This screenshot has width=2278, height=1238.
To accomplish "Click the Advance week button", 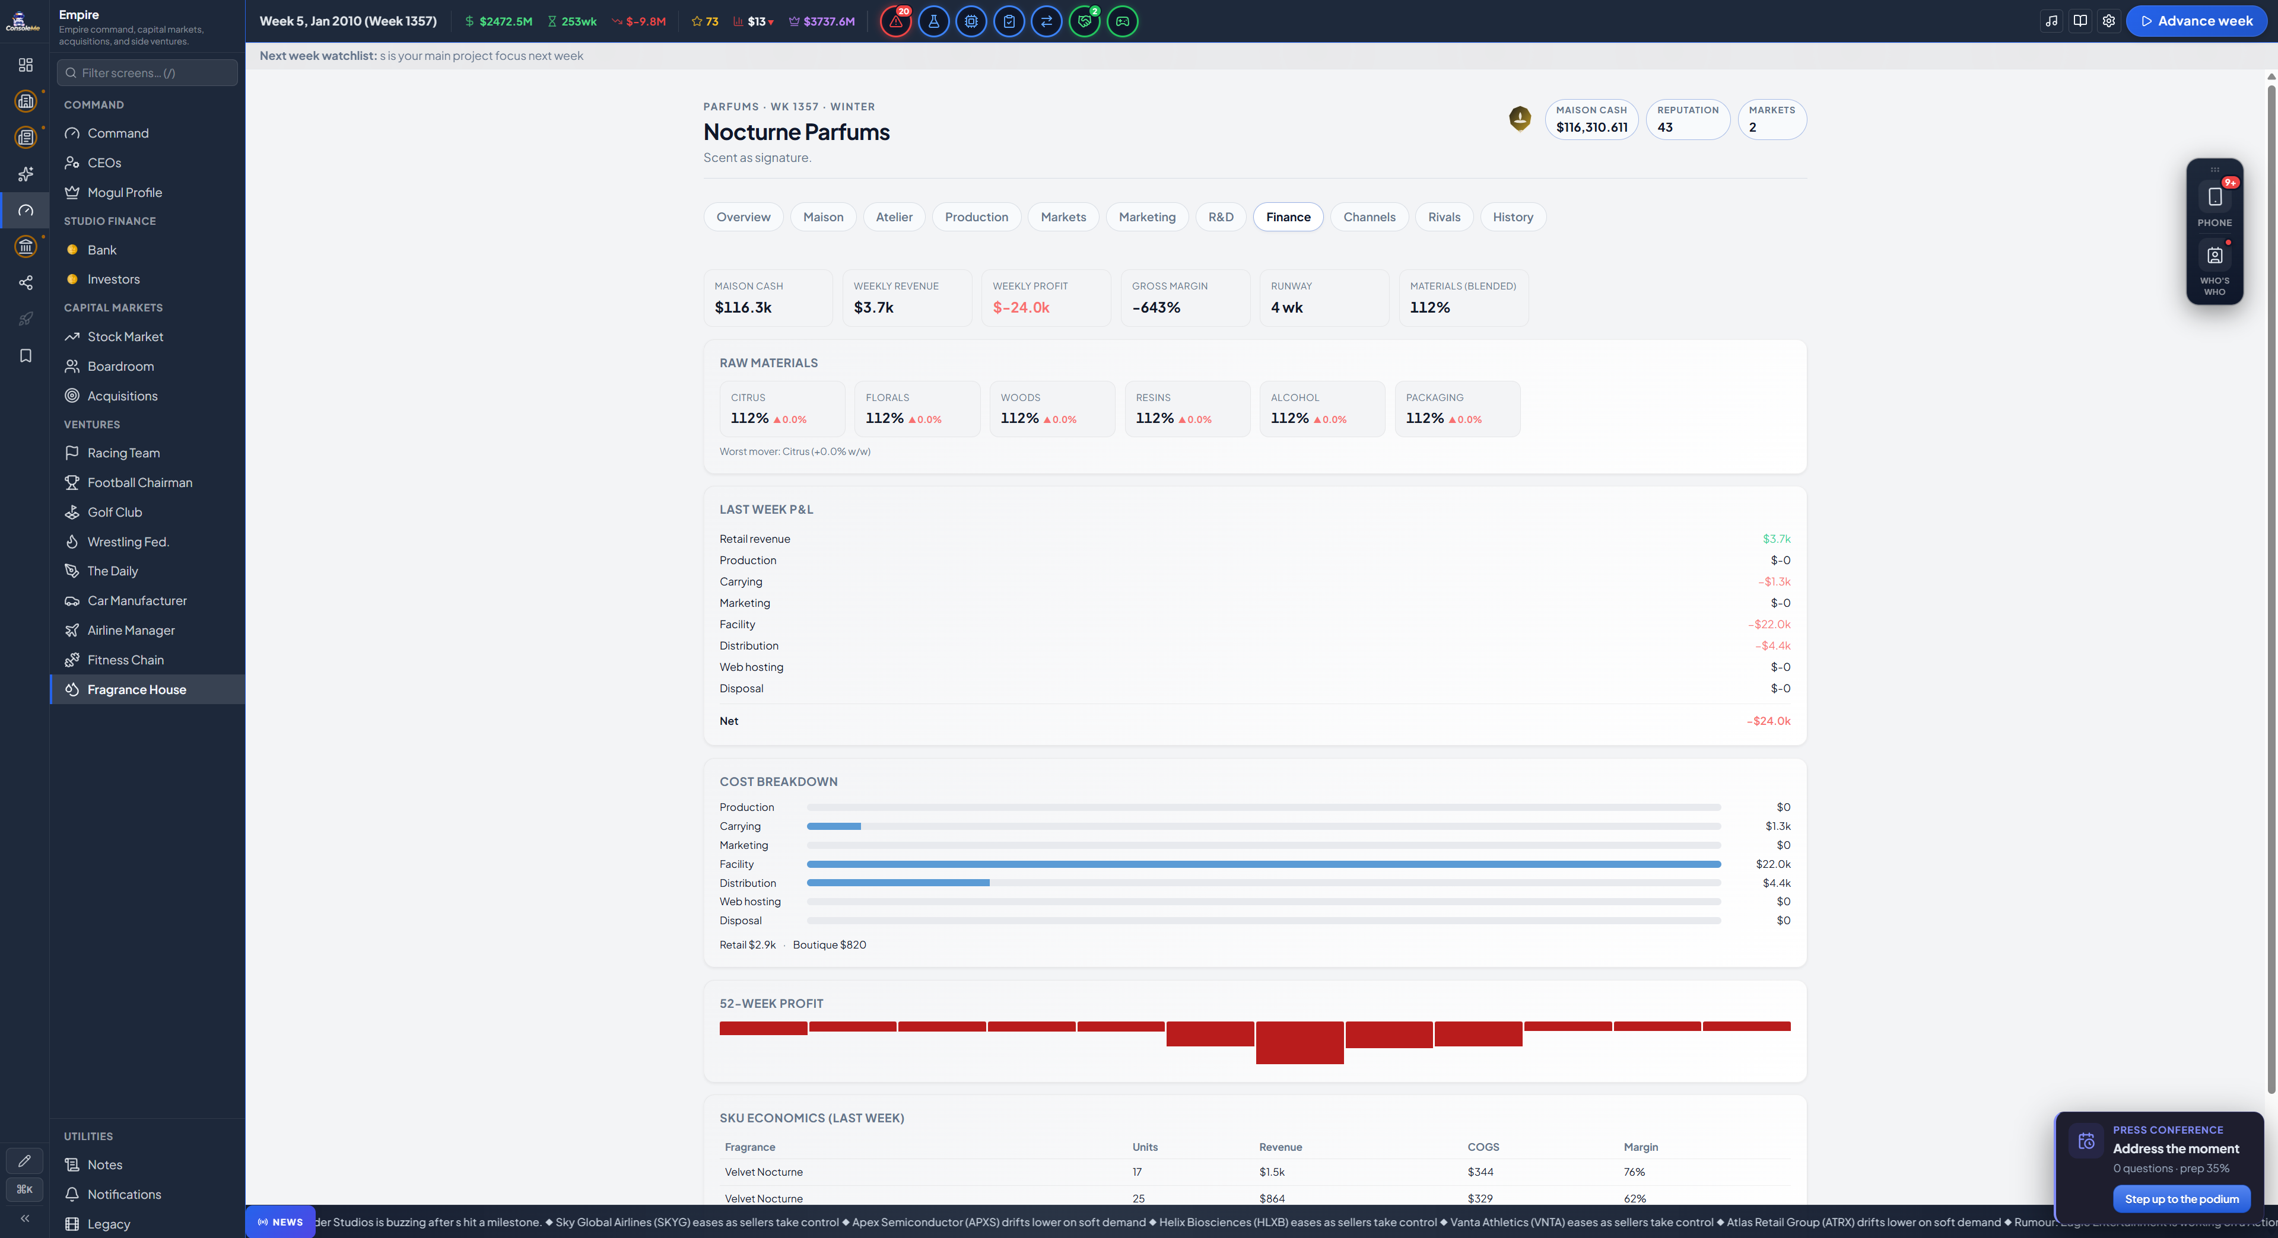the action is click(x=2197, y=21).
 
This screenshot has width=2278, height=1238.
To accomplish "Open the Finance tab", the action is click(x=1288, y=217).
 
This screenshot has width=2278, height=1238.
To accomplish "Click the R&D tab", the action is click(x=1221, y=217).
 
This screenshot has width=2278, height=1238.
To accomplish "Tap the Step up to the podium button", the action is click(x=2182, y=1199).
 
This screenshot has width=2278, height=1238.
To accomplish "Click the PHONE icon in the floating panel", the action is click(x=2215, y=197).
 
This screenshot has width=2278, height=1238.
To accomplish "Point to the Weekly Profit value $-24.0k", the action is click(x=1021, y=308).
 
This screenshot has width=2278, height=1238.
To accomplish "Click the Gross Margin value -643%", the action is click(x=1156, y=308).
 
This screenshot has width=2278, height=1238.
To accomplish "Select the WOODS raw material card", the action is click(x=1052, y=409).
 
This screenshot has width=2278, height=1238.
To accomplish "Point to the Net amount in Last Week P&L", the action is click(x=1769, y=721).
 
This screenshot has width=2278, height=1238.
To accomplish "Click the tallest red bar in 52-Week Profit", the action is click(x=1299, y=1043).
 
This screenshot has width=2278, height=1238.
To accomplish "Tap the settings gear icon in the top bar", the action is click(x=2108, y=21).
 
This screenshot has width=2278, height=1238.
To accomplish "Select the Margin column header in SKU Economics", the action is click(x=1640, y=1147).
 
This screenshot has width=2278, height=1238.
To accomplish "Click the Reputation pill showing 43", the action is click(x=1687, y=119).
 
